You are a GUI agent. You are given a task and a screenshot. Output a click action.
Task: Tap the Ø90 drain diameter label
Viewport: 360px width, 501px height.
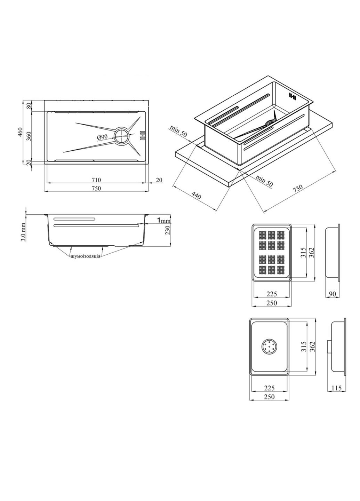102,137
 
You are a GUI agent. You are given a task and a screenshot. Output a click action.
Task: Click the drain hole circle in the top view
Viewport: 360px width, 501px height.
122,136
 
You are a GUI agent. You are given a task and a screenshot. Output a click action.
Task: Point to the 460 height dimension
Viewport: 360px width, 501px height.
20,133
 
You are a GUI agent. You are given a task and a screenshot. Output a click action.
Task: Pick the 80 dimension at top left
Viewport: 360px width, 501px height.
29,106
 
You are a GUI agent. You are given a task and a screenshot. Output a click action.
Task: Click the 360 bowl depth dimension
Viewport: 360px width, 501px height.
29,136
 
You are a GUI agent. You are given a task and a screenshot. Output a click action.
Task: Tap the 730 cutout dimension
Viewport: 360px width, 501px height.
298,188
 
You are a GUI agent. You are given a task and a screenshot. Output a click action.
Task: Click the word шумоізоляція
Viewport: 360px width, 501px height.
85,256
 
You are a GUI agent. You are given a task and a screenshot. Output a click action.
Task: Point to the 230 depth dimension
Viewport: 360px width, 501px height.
167,230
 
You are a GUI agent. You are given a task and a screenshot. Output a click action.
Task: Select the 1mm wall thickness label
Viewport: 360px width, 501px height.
164,220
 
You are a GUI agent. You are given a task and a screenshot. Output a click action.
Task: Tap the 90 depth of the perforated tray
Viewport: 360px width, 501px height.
332,294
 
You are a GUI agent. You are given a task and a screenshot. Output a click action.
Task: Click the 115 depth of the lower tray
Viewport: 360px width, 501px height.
337,388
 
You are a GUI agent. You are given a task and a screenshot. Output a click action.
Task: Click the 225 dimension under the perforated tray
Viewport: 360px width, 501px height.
272,294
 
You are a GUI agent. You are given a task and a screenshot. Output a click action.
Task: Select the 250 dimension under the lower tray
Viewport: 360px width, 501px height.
269,397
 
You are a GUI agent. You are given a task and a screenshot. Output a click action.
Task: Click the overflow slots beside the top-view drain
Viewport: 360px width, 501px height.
142,136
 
